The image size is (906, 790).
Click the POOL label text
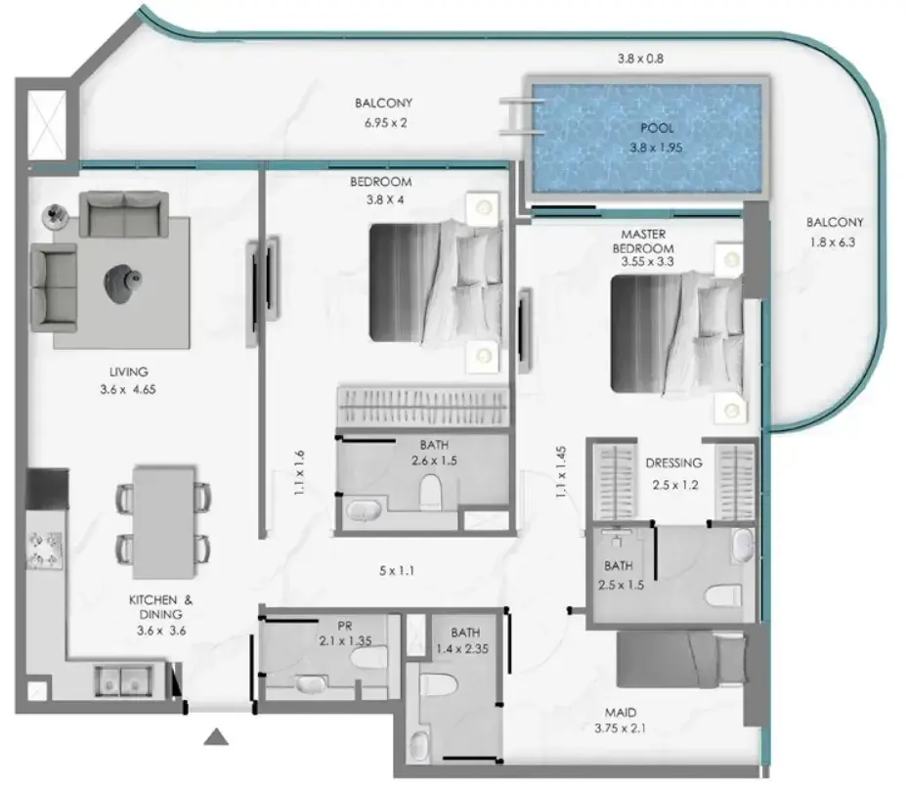(x=657, y=128)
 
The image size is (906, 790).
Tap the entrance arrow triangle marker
(x=216, y=737)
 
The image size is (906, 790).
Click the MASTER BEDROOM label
(x=643, y=241)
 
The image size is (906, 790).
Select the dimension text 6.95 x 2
(x=385, y=122)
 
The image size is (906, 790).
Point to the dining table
(x=164, y=522)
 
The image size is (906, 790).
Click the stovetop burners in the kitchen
(x=45, y=550)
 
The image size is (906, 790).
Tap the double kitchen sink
(x=124, y=680)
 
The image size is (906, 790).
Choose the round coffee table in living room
(x=122, y=282)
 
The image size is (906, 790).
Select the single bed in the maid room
(x=682, y=659)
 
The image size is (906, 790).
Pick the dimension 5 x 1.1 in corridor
(x=397, y=571)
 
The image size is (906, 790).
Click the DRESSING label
(x=673, y=462)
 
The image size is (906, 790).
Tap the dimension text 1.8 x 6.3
(x=832, y=242)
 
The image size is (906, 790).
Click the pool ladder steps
(x=522, y=116)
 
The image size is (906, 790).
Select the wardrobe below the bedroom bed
(x=423, y=407)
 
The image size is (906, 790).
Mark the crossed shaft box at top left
(x=47, y=124)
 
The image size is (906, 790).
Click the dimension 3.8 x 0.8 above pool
(x=640, y=59)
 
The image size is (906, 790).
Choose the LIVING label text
(x=128, y=372)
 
